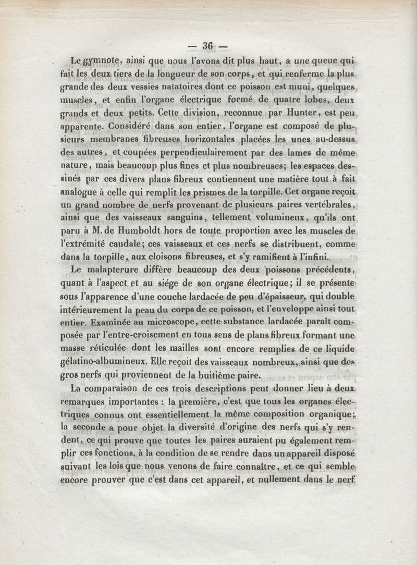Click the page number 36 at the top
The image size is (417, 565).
208,46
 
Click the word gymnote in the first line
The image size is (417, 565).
103,62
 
